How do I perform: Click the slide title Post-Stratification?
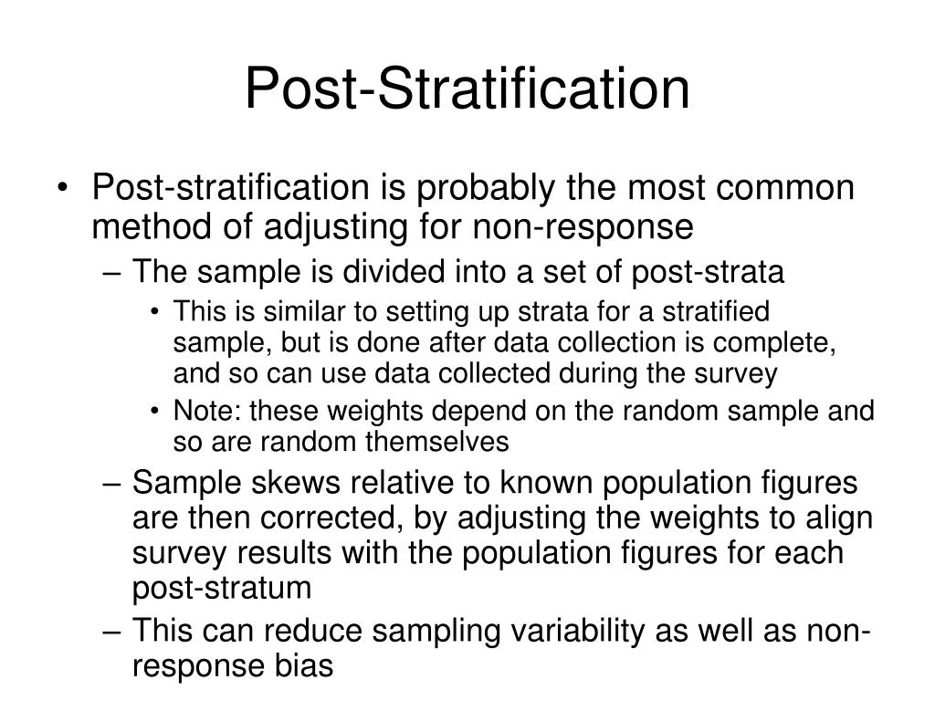[x=467, y=89]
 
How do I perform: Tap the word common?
[x=784, y=187]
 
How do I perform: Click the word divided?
[x=394, y=271]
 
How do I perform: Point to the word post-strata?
[x=708, y=273]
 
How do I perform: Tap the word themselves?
[x=436, y=443]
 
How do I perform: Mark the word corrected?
[x=330, y=518]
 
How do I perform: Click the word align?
[x=839, y=519]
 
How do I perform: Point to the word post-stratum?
[x=222, y=589]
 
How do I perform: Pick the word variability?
[x=576, y=632]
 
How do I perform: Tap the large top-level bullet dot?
[x=63, y=188]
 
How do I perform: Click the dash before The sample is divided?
[x=112, y=274]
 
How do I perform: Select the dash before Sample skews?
[x=112, y=485]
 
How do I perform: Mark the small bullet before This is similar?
[x=155, y=312]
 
